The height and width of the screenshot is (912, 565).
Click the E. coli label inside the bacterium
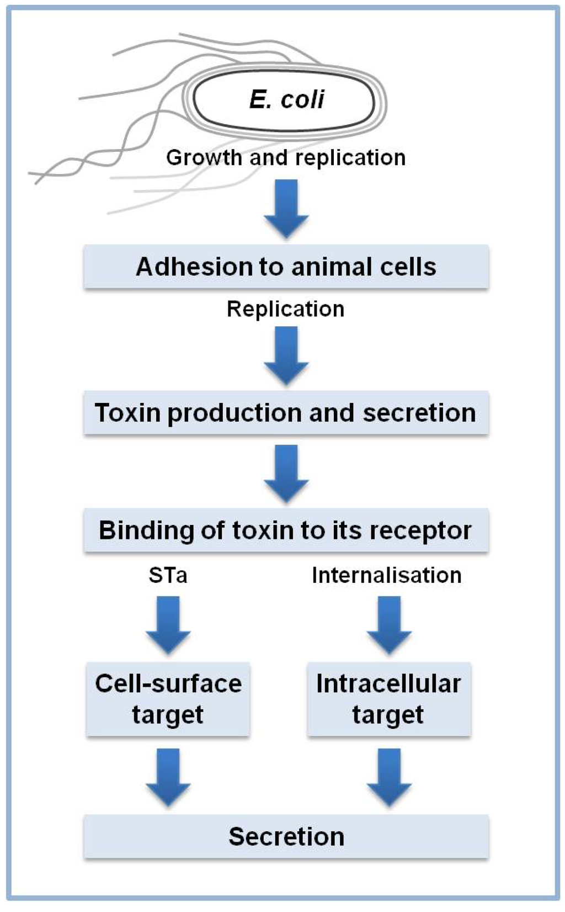286,100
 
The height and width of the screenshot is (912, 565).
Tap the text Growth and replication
286,158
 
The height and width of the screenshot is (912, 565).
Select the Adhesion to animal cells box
286,267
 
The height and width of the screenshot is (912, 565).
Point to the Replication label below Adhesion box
286,309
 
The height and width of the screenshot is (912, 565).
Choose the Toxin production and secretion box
286,413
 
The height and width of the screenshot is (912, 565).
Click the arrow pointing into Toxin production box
286,355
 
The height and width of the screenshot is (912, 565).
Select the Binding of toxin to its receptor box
286,531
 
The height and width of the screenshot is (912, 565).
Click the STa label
168,576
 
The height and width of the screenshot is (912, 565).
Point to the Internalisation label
387,576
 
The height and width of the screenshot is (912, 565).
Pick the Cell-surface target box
168,699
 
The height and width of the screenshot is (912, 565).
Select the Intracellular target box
388,699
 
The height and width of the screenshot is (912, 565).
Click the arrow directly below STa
168,624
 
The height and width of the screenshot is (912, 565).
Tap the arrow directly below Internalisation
389,624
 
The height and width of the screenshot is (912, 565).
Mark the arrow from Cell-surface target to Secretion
168,776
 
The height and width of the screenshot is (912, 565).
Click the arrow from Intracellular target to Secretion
389,776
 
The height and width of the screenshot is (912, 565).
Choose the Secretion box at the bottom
286,837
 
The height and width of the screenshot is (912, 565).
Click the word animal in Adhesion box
322,267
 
